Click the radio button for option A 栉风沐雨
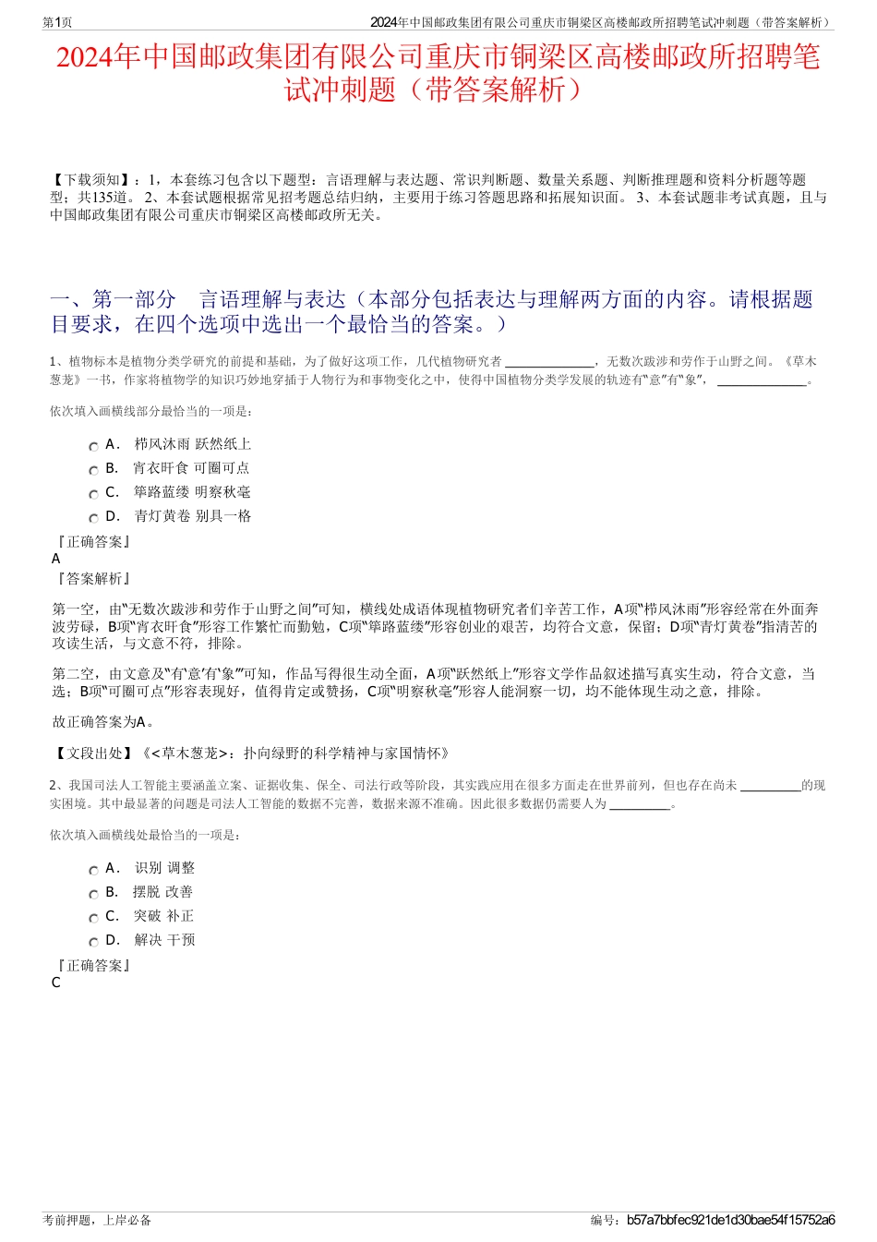[x=93, y=446]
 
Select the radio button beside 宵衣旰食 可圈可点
[x=93, y=470]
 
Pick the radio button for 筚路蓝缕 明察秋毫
[x=93, y=494]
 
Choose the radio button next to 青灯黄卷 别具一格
[x=93, y=518]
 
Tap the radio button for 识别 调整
[x=93, y=870]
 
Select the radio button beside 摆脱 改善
[x=93, y=894]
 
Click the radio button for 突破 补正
[x=93, y=918]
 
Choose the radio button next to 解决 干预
[x=93, y=942]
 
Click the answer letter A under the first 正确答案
[x=56, y=559]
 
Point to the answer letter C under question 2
[x=56, y=983]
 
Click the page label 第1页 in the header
[x=57, y=22]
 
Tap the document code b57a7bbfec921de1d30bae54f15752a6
[x=730, y=1220]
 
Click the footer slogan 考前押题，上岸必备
[x=97, y=1220]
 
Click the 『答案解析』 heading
[x=93, y=578]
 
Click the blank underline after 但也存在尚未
[x=770, y=786]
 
